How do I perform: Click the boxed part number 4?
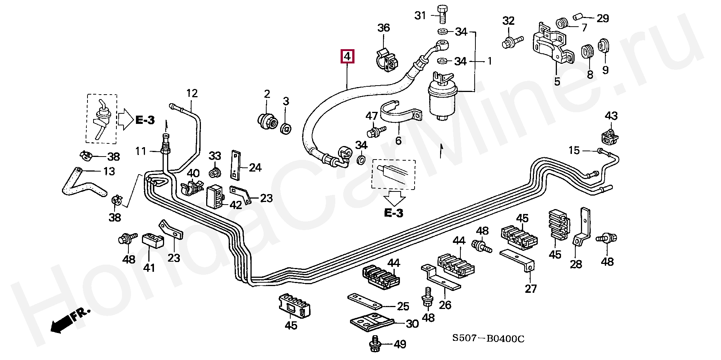pyautogui.click(x=347, y=57)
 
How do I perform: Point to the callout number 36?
pyautogui.click(x=383, y=28)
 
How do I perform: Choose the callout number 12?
pyautogui.click(x=192, y=93)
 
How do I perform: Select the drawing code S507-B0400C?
pyautogui.click(x=488, y=339)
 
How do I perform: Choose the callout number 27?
pyautogui.click(x=531, y=289)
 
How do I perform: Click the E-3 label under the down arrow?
pyautogui.click(x=394, y=213)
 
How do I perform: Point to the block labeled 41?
pyautogui.click(x=152, y=240)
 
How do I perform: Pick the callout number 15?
pyautogui.click(x=574, y=151)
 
